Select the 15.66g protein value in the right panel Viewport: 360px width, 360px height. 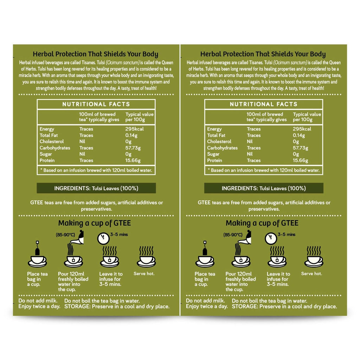[x=300, y=160]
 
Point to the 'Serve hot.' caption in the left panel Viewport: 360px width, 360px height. [x=144, y=274]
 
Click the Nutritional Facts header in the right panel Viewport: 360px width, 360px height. [x=263, y=104]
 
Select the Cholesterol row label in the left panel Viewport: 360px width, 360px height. [x=52, y=142]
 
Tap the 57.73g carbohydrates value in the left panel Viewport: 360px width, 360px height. [x=133, y=148]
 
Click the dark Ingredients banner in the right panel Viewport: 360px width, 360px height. [x=263, y=188]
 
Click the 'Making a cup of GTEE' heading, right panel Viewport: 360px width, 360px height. [x=262, y=223]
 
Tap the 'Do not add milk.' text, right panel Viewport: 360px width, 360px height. [x=205, y=301]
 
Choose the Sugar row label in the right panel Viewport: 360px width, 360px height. [x=213, y=154]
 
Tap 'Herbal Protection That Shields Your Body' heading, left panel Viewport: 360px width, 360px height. [x=96, y=54]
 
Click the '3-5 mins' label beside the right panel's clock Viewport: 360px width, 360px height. [x=287, y=234]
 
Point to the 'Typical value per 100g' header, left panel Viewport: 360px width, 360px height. [x=139, y=117]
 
